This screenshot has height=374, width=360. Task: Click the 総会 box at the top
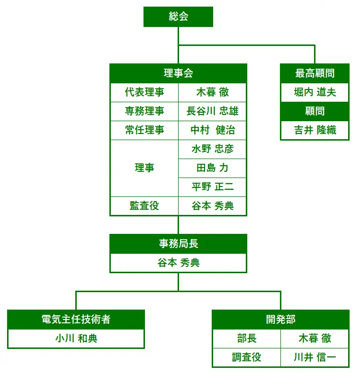coord(178,17)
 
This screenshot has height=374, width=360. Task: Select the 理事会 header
coord(178,73)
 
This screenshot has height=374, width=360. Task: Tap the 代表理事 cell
coord(144,92)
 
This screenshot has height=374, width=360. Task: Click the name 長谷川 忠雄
coord(212,111)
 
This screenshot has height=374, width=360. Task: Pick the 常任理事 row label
coord(144,130)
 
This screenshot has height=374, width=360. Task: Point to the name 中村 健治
coord(212,130)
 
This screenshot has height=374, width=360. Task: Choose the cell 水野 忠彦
coord(212,149)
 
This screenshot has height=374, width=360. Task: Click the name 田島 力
coord(212,168)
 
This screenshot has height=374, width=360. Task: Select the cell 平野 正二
coord(212,187)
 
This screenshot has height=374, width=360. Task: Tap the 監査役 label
coord(144,206)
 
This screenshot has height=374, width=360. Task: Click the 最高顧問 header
coord(315,73)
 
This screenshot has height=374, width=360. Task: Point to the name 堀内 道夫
coord(315,92)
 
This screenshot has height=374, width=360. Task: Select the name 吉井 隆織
coord(315,130)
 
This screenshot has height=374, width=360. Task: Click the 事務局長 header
coord(178,244)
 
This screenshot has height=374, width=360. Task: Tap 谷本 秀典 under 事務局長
coord(178,263)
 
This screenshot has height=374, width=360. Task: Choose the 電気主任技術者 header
coord(76,320)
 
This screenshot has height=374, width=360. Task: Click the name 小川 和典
coord(76,338)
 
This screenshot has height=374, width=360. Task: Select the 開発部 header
coord(280,320)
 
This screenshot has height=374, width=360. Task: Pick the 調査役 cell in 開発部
coord(246,357)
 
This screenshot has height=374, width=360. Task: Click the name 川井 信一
coord(315,357)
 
